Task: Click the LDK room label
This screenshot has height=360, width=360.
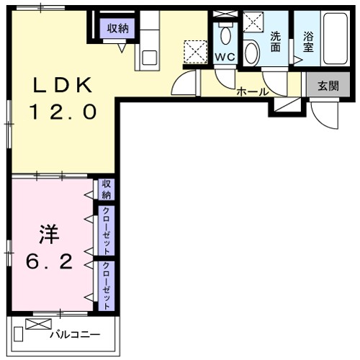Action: [61, 85]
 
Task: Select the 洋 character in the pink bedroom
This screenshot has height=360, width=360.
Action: [48, 234]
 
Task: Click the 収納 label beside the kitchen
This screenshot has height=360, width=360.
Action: [118, 29]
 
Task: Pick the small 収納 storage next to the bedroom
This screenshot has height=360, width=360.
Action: [106, 190]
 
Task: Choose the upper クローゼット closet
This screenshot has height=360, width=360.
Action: [106, 231]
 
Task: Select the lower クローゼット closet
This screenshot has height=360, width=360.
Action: [106, 285]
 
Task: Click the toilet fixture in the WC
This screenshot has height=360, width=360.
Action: [225, 32]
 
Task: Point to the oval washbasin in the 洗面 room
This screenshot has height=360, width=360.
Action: [251, 53]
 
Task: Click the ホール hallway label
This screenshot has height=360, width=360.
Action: [253, 91]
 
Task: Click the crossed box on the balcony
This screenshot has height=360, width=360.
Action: [35, 324]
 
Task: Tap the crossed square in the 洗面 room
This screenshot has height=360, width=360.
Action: [253, 24]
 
